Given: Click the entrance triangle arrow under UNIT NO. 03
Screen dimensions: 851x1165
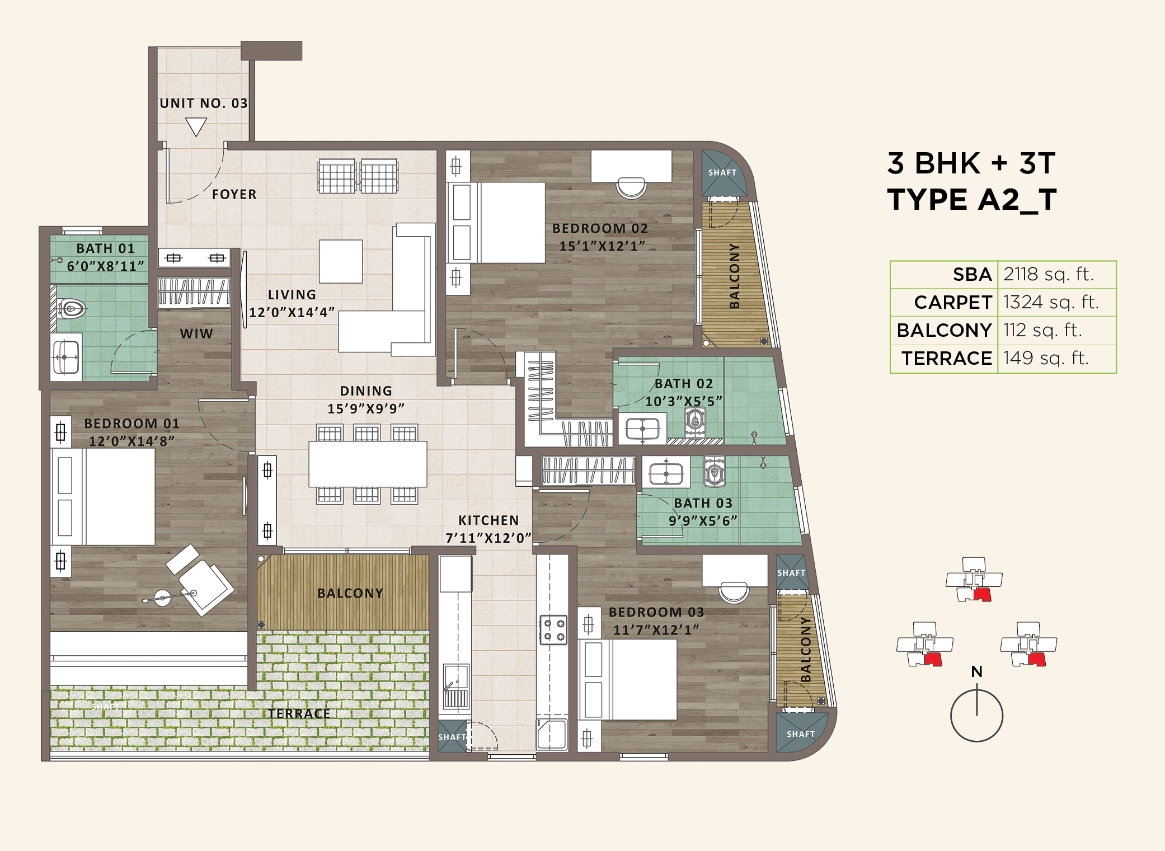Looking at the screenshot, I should [196, 126].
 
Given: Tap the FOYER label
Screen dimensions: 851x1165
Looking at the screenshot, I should [234, 194].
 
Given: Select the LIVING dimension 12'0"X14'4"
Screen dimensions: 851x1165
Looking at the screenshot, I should [292, 312].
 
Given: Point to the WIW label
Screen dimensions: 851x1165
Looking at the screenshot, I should [196, 333].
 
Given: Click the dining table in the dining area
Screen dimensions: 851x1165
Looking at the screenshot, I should [368, 464].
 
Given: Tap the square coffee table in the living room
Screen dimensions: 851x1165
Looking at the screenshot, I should [341, 261].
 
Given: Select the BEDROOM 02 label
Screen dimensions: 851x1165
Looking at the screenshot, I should [600, 228].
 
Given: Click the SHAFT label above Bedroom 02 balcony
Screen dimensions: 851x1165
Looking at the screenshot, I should [722, 172].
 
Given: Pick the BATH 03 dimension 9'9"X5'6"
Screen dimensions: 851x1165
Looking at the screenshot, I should [703, 521].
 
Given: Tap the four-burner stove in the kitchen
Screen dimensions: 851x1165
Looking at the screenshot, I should [553, 629].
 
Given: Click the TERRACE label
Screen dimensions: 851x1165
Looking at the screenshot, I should [299, 713].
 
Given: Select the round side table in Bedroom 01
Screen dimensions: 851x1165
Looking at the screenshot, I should [162, 598].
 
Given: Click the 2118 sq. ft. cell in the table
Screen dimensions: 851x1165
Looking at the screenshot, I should [1048, 274].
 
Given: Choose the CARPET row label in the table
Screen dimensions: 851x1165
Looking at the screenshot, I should [952, 302].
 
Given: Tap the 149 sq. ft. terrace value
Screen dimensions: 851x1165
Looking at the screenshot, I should [1046, 358].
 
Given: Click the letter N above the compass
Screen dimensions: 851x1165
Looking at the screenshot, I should [976, 671].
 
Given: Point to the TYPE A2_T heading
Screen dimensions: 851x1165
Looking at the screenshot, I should [971, 200].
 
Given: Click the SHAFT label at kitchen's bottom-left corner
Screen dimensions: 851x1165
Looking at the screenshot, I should [452, 737].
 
